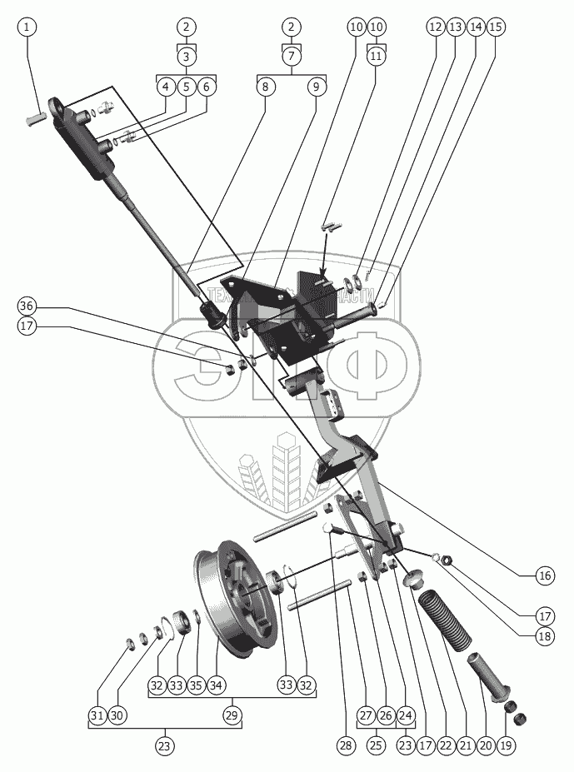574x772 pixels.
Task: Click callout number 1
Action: click(x=27, y=27)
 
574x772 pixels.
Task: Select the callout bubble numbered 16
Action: click(x=545, y=575)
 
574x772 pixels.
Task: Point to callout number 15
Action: click(x=496, y=27)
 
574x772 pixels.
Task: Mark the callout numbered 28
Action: click(x=344, y=746)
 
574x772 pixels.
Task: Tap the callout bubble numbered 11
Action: click(x=376, y=57)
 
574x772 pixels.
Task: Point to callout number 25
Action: click(x=376, y=746)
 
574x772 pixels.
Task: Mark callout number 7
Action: click(x=291, y=57)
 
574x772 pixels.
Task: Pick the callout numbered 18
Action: click(x=545, y=636)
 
